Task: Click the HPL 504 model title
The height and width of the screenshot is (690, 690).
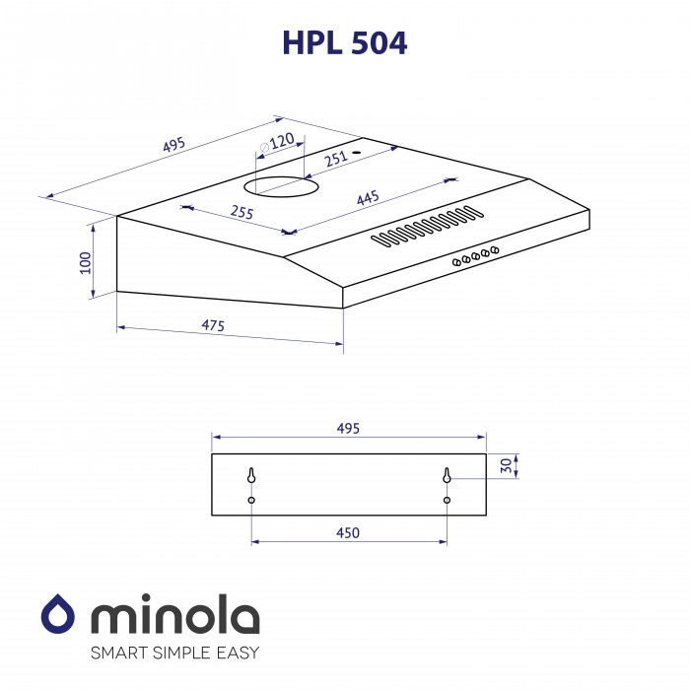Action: point(344,42)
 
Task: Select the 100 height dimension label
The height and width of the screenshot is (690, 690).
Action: point(85,261)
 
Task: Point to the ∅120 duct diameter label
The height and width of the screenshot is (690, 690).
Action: point(276,144)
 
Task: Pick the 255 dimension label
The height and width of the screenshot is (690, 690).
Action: point(241,212)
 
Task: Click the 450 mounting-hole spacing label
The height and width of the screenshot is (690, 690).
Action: point(348,532)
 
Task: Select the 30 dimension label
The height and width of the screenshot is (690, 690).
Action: point(506,466)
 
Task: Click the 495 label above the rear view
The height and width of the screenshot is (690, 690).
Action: point(348,428)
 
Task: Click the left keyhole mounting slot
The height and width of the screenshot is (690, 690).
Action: point(251,476)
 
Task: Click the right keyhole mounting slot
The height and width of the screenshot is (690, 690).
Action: point(447,476)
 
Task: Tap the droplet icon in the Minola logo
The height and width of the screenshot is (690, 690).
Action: point(59,616)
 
